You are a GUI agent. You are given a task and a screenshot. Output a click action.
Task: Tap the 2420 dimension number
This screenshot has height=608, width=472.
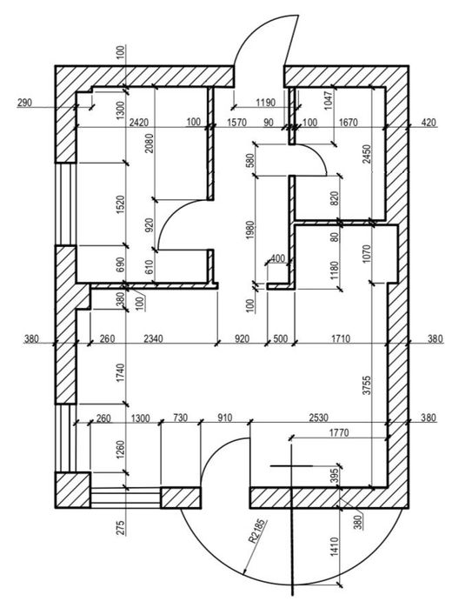click(x=137, y=123)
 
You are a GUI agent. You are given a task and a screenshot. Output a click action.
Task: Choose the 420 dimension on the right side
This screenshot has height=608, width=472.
click(x=428, y=123)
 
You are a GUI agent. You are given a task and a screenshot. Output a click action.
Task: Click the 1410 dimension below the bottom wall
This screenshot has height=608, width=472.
click(x=333, y=546)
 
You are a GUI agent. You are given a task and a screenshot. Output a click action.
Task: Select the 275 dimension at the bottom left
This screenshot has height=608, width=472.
click(x=121, y=529)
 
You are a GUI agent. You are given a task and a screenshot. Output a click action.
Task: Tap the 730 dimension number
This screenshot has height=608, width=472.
click(x=181, y=419)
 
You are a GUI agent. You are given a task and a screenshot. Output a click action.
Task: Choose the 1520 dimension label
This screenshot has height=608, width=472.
click(x=121, y=207)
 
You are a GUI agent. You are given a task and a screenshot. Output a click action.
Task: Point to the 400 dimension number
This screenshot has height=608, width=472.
click(x=278, y=258)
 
